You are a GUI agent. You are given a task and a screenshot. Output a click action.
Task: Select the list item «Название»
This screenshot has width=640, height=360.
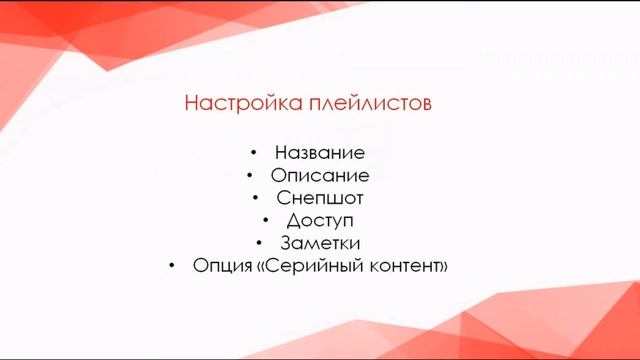pos(319,153)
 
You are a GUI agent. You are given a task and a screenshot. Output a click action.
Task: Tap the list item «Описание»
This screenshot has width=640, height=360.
pos(320,175)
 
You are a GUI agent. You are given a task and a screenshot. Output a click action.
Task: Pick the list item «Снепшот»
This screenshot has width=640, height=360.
pos(320,198)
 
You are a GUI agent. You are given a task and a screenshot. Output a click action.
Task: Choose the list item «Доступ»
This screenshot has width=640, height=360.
pos(320,220)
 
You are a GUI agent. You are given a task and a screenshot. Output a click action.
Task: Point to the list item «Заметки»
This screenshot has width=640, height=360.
pos(320,243)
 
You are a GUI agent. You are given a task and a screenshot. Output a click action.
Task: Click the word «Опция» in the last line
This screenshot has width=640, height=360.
pos(217,266)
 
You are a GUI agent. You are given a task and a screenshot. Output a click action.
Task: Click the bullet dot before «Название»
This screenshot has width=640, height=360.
pos(256,153)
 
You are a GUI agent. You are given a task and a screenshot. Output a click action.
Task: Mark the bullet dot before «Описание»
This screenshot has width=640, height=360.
pos(250,175)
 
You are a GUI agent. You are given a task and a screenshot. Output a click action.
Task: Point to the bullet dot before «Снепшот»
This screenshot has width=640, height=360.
pos(256,198)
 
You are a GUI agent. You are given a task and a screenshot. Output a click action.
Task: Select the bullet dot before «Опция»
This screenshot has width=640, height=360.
pos(172,266)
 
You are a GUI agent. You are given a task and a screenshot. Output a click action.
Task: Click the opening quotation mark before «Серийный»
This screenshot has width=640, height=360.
pos(250,267)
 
